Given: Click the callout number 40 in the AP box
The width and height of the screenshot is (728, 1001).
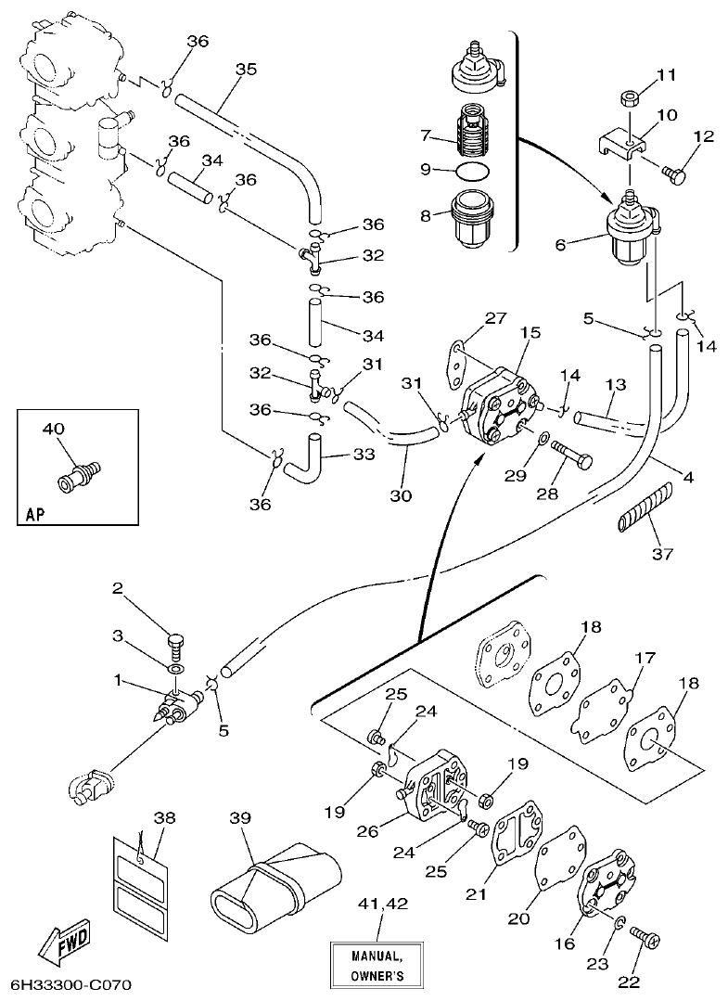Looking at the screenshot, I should (x=53, y=429).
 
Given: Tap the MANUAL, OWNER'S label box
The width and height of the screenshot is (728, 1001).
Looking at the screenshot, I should (x=376, y=965).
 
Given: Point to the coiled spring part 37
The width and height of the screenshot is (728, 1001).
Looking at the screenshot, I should (x=642, y=508).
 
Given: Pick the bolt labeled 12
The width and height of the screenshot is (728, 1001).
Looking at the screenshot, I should (x=676, y=173).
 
